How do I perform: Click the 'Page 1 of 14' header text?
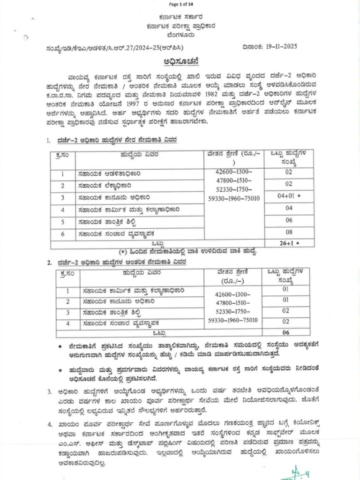pyautogui.click(x=180, y=5)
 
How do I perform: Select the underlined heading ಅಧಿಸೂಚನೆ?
pyautogui.click(x=180, y=61)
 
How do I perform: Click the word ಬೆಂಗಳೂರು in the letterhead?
pyautogui.click(x=180, y=34)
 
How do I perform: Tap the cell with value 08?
pyautogui.click(x=289, y=232)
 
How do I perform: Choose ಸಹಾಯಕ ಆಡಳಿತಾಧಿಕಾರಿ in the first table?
pyautogui.click(x=109, y=174)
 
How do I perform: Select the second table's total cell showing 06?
pyautogui.click(x=285, y=333)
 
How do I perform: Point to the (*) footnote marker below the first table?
pyautogui.click(x=124, y=252)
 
